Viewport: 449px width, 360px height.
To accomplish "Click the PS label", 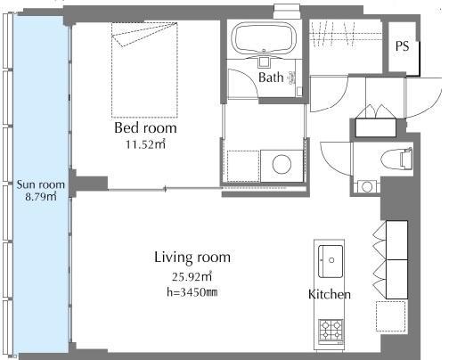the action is (x=402, y=46).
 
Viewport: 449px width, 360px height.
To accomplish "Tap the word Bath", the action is (x=271, y=78).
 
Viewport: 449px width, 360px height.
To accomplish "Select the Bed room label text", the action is (x=145, y=128).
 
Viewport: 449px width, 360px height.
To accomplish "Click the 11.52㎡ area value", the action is (x=145, y=144).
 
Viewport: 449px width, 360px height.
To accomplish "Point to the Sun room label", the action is (x=40, y=184).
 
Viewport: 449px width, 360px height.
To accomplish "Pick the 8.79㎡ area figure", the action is (x=41, y=197).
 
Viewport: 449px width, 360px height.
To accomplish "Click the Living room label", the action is (x=192, y=258).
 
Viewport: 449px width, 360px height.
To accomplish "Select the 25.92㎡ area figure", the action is (x=192, y=277).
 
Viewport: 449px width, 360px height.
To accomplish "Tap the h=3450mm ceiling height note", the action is (x=192, y=292).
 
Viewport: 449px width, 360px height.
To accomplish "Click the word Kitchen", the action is (x=330, y=294).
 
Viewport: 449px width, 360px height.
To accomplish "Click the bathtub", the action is (x=264, y=38).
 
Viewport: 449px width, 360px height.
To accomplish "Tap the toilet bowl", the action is (x=396, y=160).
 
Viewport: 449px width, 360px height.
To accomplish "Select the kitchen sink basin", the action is (x=331, y=261).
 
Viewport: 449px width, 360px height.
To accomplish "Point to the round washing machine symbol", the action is (x=282, y=165).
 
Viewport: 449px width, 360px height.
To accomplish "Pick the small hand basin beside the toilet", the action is (x=367, y=187).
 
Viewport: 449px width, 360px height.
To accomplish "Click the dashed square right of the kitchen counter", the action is (x=391, y=316).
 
